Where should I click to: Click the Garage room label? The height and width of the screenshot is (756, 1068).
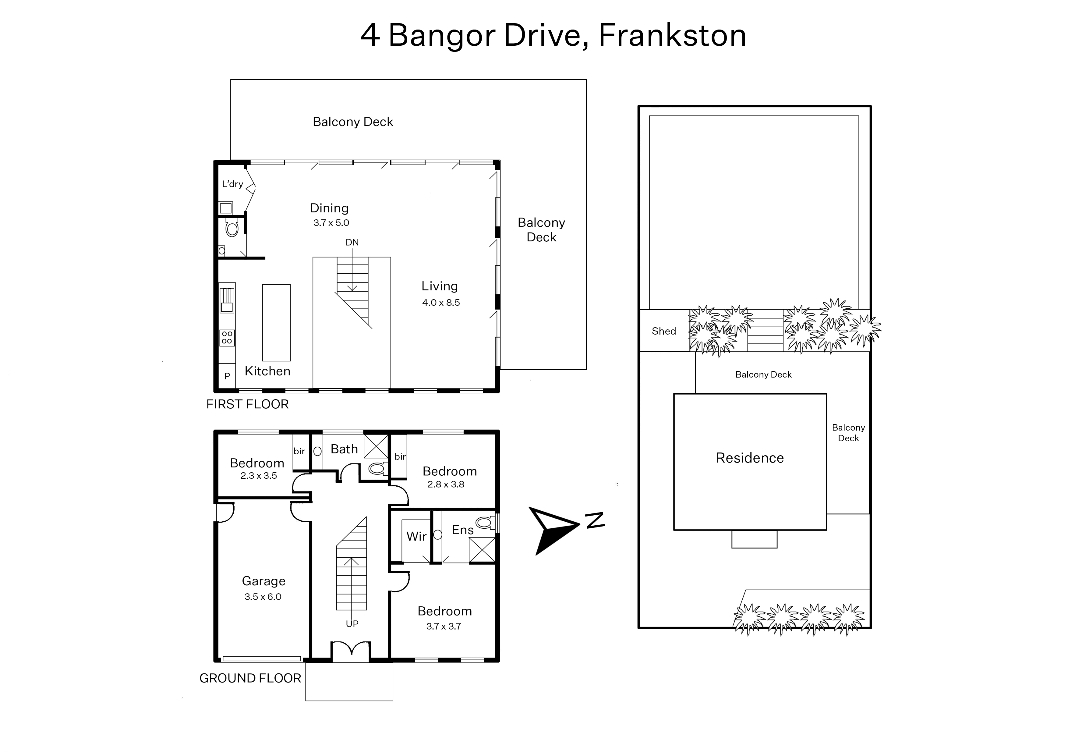[263, 581]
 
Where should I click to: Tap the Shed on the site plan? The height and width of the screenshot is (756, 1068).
[664, 331]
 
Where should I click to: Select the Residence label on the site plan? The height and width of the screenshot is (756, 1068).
[750, 458]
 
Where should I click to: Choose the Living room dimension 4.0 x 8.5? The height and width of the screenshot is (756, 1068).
[441, 303]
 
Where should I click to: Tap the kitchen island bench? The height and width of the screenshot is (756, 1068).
[276, 323]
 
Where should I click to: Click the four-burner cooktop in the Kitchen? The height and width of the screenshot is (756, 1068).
[227, 338]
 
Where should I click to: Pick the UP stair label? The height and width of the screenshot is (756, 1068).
[352, 624]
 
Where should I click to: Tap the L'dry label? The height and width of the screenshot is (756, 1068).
[232, 184]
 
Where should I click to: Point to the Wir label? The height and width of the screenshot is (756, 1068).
[416, 536]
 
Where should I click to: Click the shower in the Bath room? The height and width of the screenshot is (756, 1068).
[376, 446]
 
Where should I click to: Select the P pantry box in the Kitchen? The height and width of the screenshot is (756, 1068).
[227, 376]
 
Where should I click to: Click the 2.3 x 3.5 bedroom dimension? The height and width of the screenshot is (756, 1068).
[259, 476]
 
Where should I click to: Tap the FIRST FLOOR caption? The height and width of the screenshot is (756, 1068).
[248, 404]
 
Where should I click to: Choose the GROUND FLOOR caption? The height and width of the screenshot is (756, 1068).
[250, 678]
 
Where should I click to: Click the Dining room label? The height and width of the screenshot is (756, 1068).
[330, 208]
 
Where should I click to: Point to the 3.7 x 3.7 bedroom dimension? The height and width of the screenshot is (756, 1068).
[444, 626]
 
